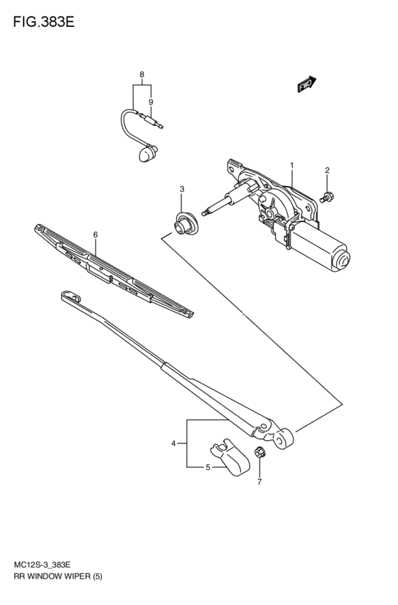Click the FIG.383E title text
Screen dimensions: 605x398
coord(43,21)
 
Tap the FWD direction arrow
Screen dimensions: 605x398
coord(306,85)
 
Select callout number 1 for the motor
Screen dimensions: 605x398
coord(291,165)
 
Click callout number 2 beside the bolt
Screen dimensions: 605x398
coord(328,170)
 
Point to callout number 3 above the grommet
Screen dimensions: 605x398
coord(182,189)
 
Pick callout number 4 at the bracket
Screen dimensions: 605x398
coord(173,444)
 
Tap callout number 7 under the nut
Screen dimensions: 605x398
coord(259,482)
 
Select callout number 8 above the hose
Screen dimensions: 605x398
coord(141,75)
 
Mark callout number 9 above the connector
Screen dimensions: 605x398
coord(151,102)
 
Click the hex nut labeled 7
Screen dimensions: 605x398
coord(259,452)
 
